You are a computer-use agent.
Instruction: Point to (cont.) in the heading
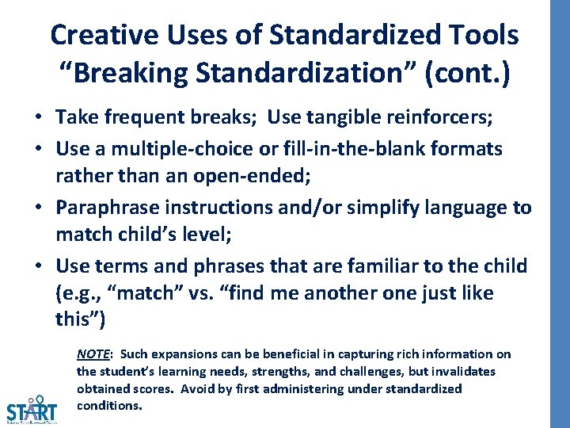click(469, 72)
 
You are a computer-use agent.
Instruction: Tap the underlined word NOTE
click(93, 354)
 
